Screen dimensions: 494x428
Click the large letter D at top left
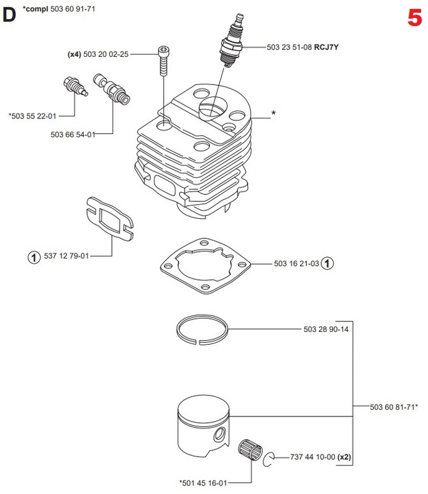[9, 14]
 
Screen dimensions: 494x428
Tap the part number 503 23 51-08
[290, 48]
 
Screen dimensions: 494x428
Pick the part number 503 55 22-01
[33, 116]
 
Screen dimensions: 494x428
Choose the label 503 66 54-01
[72, 135]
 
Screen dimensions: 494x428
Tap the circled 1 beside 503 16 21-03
[327, 264]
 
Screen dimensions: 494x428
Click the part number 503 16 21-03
[296, 264]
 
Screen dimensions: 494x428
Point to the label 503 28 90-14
[326, 329]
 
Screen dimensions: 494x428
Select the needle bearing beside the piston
[250, 446]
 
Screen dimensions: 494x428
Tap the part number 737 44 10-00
[310, 457]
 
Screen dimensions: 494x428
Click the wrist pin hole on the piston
[219, 436]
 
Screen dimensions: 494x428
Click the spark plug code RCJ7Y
[328, 48]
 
